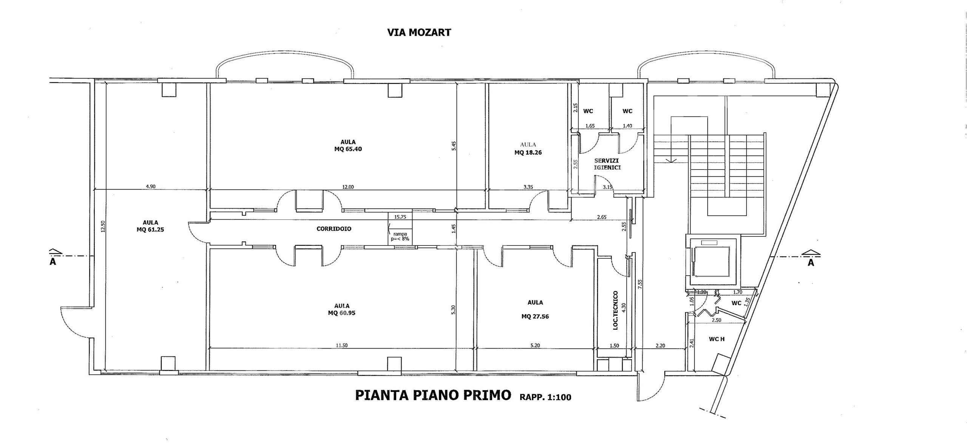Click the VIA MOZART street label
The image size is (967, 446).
(x=419, y=32)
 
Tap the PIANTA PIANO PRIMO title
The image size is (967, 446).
(x=433, y=395)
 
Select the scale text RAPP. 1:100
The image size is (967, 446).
(x=545, y=397)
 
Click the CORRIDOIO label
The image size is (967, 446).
(x=334, y=229)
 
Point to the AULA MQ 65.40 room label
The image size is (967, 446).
(x=348, y=145)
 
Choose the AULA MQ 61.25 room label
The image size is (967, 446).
(x=150, y=226)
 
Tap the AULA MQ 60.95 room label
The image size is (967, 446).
(x=341, y=309)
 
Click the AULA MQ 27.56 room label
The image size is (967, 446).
(x=535, y=309)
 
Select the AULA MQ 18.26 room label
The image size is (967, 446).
(x=528, y=149)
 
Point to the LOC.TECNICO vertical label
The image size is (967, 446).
(x=615, y=310)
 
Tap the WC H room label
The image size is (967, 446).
(x=717, y=339)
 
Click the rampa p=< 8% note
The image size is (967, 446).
(x=400, y=236)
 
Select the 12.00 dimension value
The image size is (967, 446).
(x=348, y=187)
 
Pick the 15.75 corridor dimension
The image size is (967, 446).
(x=400, y=217)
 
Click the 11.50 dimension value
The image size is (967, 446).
(x=341, y=345)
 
